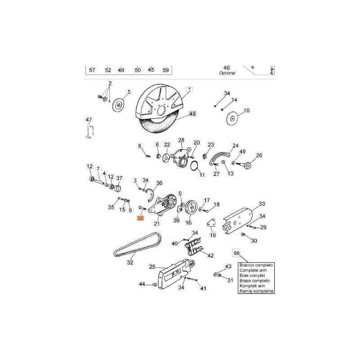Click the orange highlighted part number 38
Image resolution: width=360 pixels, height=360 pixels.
pos(140,218)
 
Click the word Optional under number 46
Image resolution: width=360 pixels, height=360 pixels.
pos(227,73)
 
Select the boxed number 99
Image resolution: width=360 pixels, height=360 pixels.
pos(236,252)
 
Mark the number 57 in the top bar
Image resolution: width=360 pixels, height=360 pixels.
pos(92,70)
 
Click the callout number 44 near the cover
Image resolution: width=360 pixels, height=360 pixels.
pos(142,284)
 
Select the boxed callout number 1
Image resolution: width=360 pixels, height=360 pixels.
pos(189,90)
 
